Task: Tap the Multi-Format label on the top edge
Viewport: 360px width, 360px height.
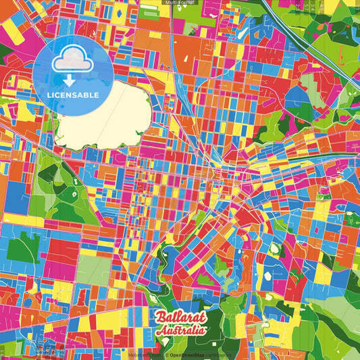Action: (180, 3)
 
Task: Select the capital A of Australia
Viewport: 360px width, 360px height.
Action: (159, 332)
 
